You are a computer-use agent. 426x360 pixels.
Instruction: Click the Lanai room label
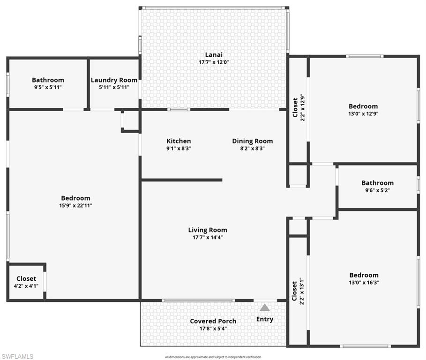click(x=213, y=54)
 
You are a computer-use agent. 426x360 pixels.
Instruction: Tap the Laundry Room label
click(x=114, y=80)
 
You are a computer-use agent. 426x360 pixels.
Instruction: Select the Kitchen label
click(x=179, y=141)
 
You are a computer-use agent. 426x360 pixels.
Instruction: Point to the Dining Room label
click(x=252, y=141)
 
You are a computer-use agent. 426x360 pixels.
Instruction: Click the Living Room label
click(x=208, y=230)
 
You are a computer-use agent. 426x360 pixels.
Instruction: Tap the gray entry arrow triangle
click(x=265, y=307)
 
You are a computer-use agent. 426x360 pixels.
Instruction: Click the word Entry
click(x=265, y=319)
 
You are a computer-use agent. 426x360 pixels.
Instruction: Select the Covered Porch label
click(x=213, y=321)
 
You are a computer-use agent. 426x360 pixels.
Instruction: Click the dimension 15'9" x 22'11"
click(x=75, y=205)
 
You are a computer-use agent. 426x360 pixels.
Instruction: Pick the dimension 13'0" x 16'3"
click(x=364, y=283)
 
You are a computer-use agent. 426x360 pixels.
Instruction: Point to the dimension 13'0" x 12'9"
click(x=363, y=113)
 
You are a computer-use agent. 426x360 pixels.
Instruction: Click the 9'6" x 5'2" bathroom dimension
click(x=377, y=190)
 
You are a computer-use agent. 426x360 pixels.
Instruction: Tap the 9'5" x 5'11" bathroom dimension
click(x=48, y=87)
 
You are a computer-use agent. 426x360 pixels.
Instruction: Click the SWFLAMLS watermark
click(x=17, y=357)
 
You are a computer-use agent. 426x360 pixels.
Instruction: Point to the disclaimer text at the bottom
click(x=213, y=357)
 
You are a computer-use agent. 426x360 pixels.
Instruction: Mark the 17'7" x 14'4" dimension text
click(x=208, y=237)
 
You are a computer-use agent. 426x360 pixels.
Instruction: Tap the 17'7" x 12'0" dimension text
click(x=213, y=62)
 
